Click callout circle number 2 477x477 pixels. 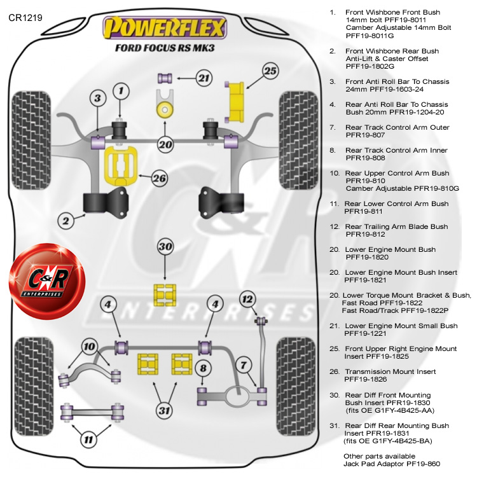tap(65, 221)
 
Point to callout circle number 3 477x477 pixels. tap(97, 99)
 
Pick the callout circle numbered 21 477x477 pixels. tap(203, 79)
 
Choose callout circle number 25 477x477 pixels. tap(270, 71)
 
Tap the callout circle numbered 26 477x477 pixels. tap(159, 178)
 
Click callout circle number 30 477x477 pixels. tap(165, 246)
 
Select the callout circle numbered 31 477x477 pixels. tap(165, 410)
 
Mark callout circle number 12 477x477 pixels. tap(247, 299)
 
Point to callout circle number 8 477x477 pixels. tap(202, 368)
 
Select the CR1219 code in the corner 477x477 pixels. tap(25, 18)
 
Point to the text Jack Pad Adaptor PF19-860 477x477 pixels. tap(391, 464)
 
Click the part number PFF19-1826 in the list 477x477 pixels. tap(367, 379)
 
